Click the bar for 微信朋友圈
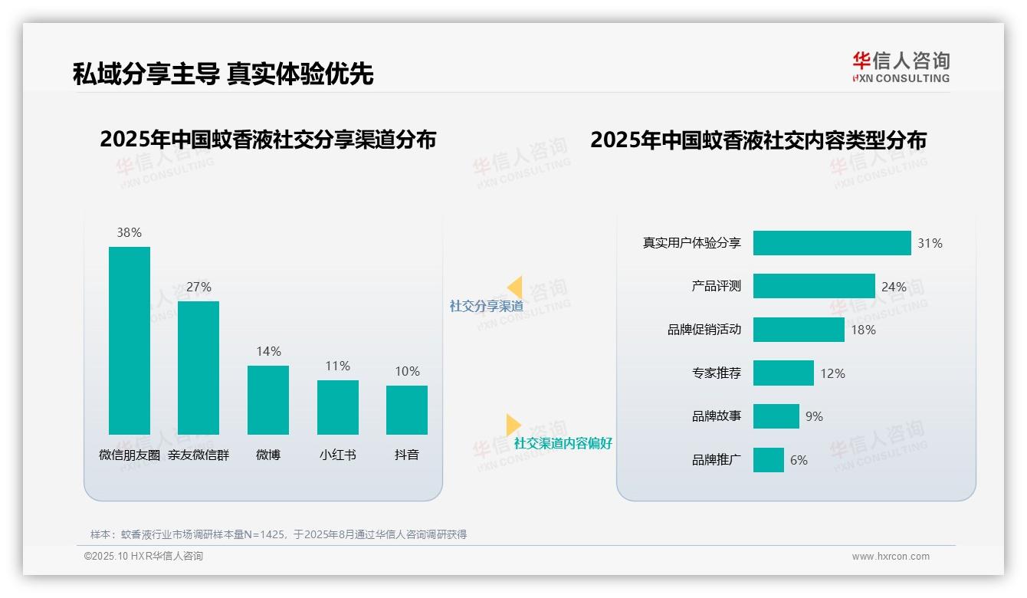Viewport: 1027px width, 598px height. tap(130, 340)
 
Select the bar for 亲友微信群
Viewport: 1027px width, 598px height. tap(199, 368)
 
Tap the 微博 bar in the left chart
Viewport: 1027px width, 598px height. tap(268, 400)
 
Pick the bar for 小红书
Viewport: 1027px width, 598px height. tap(338, 407)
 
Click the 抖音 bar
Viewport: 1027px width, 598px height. tap(407, 410)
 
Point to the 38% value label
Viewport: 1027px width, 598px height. tap(130, 232)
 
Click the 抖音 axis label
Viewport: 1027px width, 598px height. tap(407, 455)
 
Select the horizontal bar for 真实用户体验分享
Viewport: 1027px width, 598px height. tap(832, 243)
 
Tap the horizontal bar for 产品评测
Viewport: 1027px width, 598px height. tap(814, 286)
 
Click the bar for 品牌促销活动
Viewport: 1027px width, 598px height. tap(799, 330)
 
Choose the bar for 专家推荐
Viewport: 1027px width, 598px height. tap(783, 373)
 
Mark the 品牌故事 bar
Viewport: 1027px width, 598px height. tap(776, 416)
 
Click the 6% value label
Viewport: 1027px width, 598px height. tap(799, 460)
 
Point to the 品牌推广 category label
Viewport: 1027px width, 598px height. tap(717, 460)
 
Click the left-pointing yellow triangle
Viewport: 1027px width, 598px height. tap(515, 287)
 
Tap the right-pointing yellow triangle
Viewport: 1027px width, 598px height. tap(513, 425)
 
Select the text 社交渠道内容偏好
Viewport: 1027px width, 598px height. tap(563, 443)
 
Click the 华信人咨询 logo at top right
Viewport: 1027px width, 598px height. tap(901, 67)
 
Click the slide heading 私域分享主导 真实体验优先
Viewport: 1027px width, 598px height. tap(223, 74)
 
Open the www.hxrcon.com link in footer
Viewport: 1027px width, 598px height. tap(891, 557)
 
